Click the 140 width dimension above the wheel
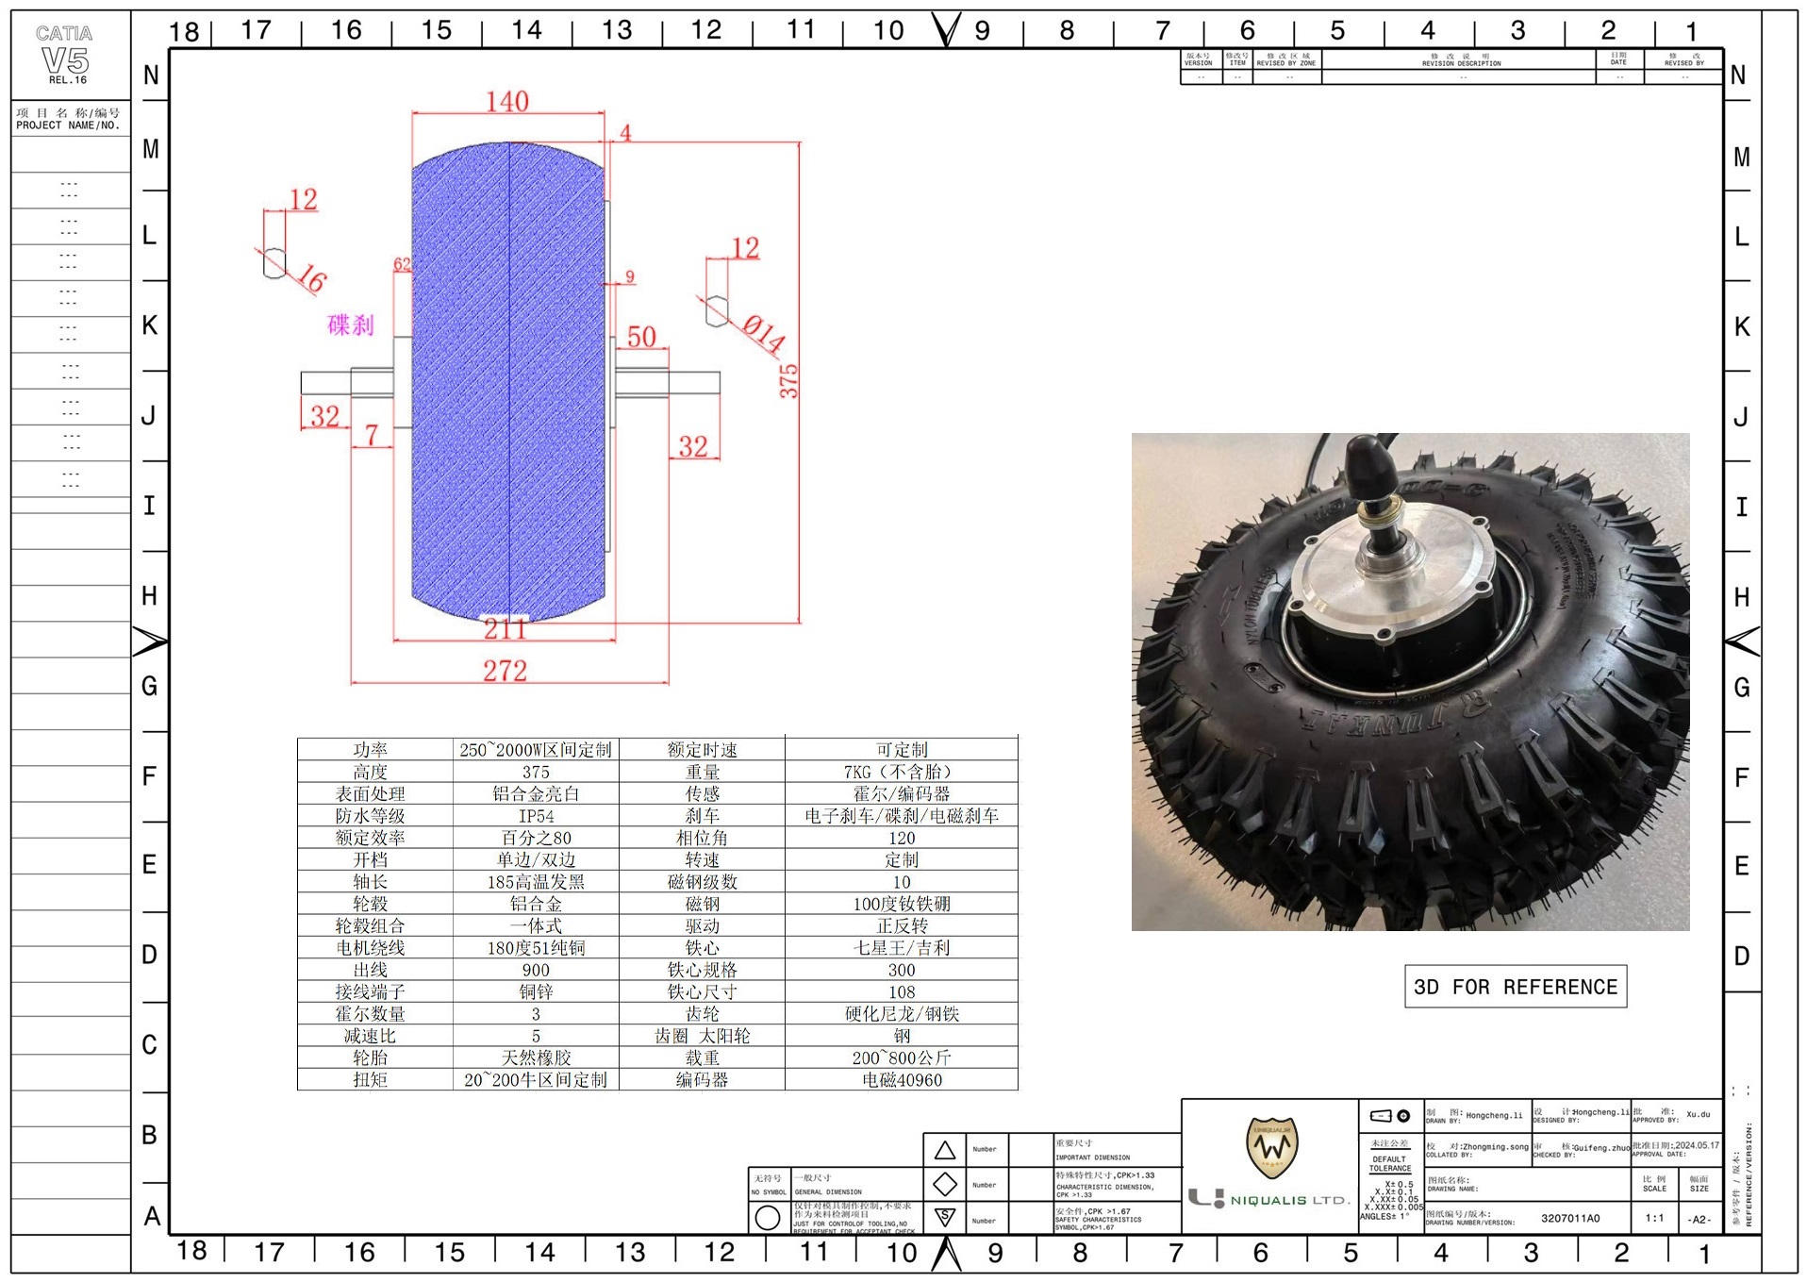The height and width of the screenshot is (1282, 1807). tap(507, 102)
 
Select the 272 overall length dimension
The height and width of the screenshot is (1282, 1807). tap(506, 671)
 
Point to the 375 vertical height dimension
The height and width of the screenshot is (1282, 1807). tap(788, 381)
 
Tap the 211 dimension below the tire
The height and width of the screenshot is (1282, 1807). tap(506, 629)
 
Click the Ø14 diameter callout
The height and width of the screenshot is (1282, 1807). tap(763, 335)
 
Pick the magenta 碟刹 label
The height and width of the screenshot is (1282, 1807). tap(351, 325)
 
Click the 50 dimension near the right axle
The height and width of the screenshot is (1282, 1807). tap(641, 337)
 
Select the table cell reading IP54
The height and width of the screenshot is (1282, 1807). tap(536, 816)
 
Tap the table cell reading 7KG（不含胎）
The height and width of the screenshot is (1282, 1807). tap(901, 772)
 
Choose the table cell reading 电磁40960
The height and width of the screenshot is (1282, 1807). tap(901, 1080)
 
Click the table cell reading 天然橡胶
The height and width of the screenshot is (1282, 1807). tap(536, 1058)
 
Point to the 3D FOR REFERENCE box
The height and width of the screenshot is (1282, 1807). tap(1515, 987)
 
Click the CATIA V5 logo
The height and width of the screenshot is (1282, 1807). tap(65, 55)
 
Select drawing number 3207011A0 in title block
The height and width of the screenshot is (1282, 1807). tap(1570, 1218)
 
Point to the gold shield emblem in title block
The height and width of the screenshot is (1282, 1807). tap(1271, 1147)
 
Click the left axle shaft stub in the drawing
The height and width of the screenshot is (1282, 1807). tap(325, 382)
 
